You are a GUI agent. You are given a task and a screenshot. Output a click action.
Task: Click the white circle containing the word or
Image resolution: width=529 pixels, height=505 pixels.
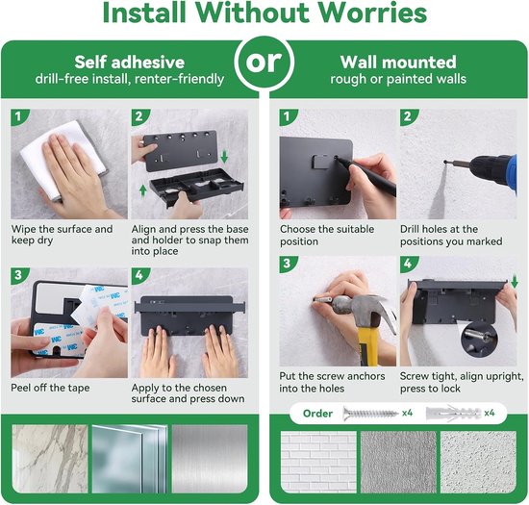(x=264, y=63)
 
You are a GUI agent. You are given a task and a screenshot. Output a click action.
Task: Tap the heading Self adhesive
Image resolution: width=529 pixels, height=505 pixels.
(x=130, y=63)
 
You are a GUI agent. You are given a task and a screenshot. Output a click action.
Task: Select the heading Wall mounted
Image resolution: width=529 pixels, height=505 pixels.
(x=398, y=63)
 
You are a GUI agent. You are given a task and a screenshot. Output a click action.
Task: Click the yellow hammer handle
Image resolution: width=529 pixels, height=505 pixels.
(x=366, y=347)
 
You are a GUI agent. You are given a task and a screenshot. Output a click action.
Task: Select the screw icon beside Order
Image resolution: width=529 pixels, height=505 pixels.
(x=370, y=414)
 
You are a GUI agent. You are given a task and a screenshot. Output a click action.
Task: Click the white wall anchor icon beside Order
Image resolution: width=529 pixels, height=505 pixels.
(x=453, y=414)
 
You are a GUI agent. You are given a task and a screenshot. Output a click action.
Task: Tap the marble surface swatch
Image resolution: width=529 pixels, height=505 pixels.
(x=50, y=459)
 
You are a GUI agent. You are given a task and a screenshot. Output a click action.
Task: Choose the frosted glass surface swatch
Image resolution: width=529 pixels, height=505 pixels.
(x=130, y=459)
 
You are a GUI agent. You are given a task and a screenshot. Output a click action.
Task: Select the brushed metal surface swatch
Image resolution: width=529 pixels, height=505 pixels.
(x=210, y=459)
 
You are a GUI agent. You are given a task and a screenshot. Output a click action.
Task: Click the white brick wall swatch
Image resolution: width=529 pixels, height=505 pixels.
(x=318, y=462)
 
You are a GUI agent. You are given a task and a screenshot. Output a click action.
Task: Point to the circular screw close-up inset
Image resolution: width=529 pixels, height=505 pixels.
(x=479, y=341)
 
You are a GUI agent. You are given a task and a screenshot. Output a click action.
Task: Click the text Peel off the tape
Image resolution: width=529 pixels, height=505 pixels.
(x=50, y=388)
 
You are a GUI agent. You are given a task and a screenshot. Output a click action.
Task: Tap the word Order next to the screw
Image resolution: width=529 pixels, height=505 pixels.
(x=317, y=414)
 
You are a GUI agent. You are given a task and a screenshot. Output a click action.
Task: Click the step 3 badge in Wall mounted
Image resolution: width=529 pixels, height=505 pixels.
(x=288, y=264)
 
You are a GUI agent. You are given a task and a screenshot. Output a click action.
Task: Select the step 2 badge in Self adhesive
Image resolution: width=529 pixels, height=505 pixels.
(x=139, y=116)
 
